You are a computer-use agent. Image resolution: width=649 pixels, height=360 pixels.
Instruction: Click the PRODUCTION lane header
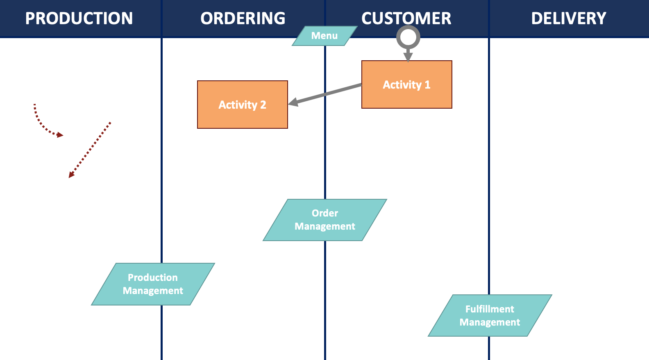click(79, 18)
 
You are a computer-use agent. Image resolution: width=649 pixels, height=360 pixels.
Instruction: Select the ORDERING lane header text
click(243, 18)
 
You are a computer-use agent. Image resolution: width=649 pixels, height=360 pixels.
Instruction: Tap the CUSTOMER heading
click(406, 18)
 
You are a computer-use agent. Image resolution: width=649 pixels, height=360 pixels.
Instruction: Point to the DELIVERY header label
click(569, 18)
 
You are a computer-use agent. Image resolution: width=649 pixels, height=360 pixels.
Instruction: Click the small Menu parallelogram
click(324, 36)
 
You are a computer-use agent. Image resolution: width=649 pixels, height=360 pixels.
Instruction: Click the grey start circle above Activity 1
click(408, 37)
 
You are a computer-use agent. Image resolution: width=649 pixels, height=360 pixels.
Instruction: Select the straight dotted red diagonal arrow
click(90, 150)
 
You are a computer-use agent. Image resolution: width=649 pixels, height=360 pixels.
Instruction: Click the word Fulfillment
click(490, 309)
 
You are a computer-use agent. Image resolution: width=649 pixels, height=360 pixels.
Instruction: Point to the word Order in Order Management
click(325, 213)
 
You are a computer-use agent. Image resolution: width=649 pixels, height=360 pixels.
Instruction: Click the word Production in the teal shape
click(153, 278)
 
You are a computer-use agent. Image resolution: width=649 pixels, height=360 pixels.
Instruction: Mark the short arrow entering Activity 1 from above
click(408, 55)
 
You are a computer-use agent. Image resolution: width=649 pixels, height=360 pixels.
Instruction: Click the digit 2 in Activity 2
click(263, 105)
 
